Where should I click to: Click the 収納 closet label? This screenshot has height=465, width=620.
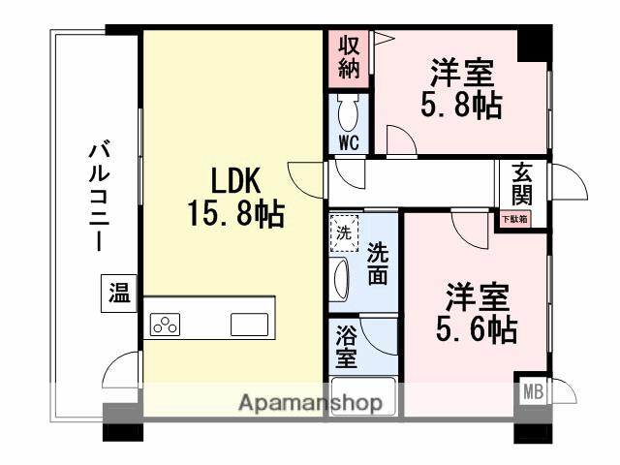(x=350, y=57)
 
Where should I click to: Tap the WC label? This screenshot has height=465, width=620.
(x=350, y=142)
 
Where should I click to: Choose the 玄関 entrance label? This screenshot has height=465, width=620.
(x=522, y=184)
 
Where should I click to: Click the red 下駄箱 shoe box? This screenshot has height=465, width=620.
(x=515, y=219)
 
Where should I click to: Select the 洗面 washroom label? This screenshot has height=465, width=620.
(x=378, y=263)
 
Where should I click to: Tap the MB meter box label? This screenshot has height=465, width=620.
(x=532, y=392)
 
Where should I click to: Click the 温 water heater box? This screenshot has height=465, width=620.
(x=118, y=293)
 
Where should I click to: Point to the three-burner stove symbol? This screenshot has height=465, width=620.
(x=166, y=325)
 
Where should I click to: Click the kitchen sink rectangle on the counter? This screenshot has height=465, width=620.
(x=249, y=325)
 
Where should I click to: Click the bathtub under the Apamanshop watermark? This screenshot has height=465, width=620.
(x=363, y=400)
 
